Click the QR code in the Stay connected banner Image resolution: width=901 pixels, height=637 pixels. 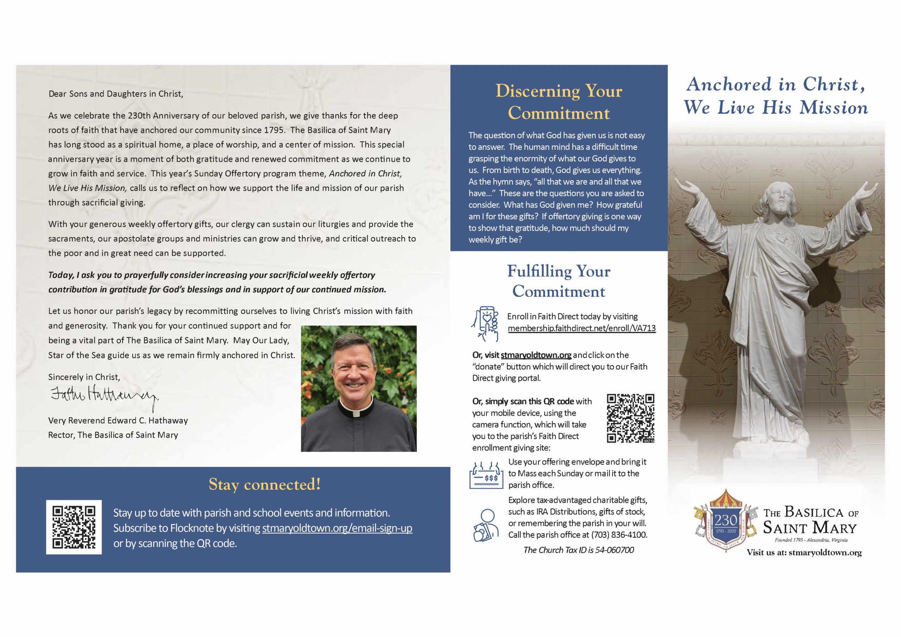(74, 527)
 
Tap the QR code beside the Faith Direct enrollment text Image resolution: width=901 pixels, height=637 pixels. (630, 418)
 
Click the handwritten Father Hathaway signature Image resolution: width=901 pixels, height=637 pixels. (104, 396)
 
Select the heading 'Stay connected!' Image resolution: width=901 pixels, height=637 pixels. (264, 484)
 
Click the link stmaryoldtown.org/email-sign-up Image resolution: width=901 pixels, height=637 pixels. (337, 528)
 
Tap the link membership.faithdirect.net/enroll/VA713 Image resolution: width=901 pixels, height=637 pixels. (581, 328)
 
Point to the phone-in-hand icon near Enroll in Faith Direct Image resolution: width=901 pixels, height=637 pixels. (485, 323)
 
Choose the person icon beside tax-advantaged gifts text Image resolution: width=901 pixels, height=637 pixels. (486, 525)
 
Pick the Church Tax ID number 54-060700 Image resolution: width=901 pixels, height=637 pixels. (615, 550)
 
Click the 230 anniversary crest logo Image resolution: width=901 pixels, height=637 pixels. (726, 521)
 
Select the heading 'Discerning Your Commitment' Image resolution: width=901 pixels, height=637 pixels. (559, 102)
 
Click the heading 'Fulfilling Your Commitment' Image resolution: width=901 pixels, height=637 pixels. (559, 281)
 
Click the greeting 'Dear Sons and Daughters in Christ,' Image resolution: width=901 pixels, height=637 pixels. (116, 94)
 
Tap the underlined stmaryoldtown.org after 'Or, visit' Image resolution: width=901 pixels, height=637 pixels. (536, 355)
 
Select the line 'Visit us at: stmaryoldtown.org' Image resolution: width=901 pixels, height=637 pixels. (804, 553)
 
